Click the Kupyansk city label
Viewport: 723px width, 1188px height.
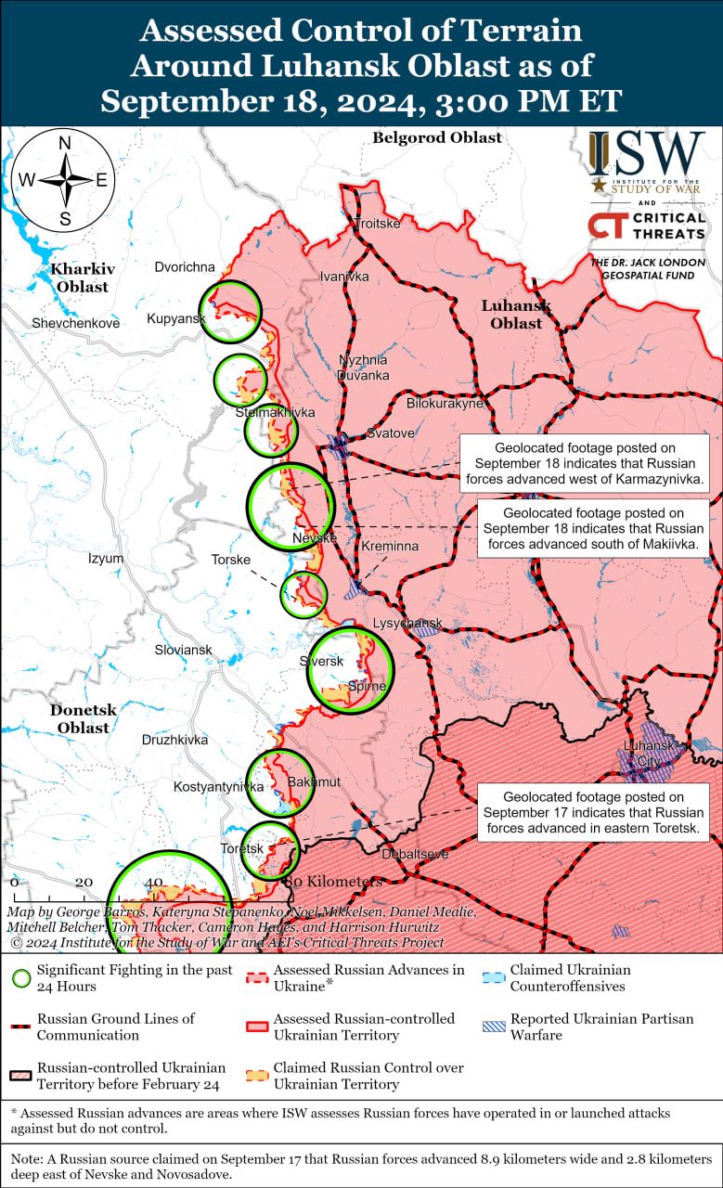click(x=175, y=319)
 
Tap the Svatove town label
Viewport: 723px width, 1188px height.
click(x=390, y=433)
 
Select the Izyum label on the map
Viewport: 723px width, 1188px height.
click(x=106, y=559)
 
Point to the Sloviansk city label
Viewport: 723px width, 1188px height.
click(x=183, y=651)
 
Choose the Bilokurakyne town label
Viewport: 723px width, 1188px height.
click(x=445, y=404)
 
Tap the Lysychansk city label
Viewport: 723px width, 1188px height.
click(x=407, y=623)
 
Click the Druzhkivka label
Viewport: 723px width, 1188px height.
click(x=174, y=740)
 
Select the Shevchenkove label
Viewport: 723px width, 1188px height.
click(x=75, y=324)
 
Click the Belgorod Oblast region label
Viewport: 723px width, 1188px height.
click(x=436, y=138)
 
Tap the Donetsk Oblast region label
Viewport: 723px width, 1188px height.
click(x=84, y=718)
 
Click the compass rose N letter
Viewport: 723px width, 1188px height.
click(x=65, y=143)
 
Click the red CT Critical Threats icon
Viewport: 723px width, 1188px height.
click(x=606, y=226)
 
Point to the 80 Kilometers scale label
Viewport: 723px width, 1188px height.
click(x=333, y=882)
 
